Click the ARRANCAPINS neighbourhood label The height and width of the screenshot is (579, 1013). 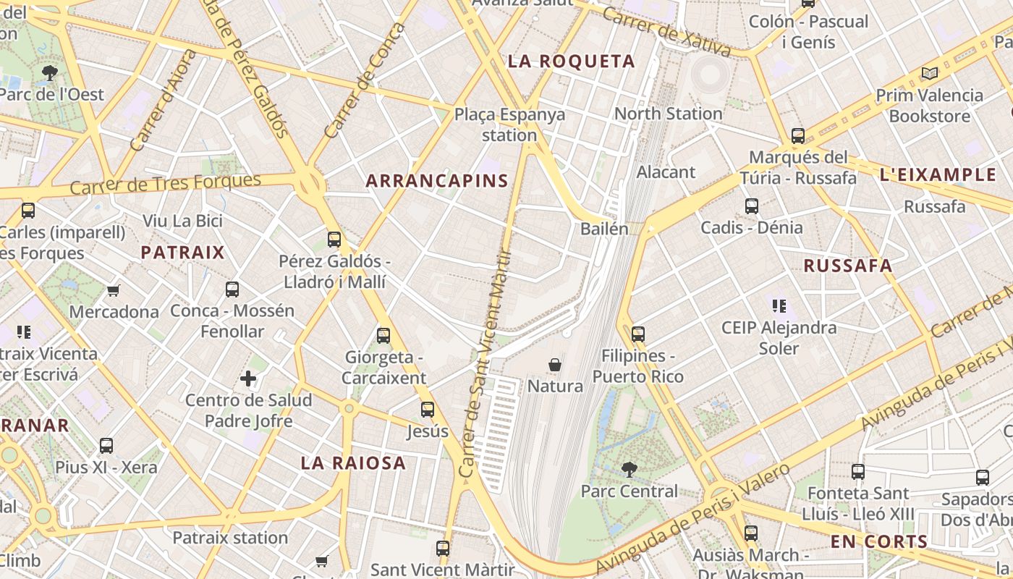(437, 181)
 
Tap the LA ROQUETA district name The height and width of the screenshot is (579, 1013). (571, 62)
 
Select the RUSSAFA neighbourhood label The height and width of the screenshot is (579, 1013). (848, 266)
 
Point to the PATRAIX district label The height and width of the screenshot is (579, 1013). (182, 253)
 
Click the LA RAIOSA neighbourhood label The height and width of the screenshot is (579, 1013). (353, 463)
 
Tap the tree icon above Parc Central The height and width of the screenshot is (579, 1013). (630, 470)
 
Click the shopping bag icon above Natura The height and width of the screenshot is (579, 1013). (555, 364)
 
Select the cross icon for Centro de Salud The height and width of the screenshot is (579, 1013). (248, 379)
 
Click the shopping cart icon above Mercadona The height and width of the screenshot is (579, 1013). (113, 290)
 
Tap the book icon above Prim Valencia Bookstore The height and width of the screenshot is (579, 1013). (929, 73)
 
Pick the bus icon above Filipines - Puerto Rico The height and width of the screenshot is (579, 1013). (637, 334)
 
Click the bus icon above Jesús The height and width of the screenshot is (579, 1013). (427, 409)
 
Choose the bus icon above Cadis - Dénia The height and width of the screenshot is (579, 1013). (751, 206)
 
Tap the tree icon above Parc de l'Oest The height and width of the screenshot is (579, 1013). (50, 72)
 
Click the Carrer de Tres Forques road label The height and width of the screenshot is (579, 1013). (166, 184)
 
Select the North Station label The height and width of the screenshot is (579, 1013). (668, 114)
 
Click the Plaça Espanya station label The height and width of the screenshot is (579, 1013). (509, 124)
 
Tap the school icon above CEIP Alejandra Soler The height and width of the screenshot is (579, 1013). (779, 305)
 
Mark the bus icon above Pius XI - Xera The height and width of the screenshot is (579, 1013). (106, 445)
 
